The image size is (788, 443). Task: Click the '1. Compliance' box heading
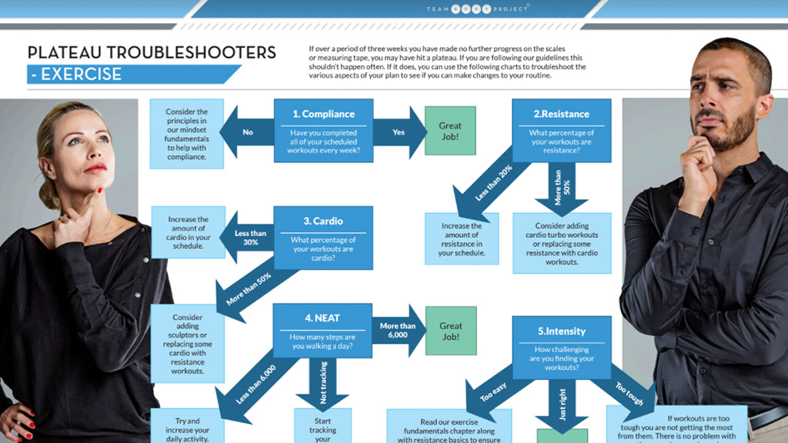(x=323, y=114)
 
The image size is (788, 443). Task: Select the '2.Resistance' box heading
(x=562, y=114)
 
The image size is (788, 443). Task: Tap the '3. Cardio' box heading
(x=323, y=221)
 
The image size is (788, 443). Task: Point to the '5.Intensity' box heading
(x=562, y=331)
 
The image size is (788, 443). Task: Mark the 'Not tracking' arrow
(x=322, y=383)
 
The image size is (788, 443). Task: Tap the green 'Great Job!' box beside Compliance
(x=450, y=131)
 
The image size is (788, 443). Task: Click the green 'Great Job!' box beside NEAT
(x=451, y=331)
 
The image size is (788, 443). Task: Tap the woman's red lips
(x=95, y=167)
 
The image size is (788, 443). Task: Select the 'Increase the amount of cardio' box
(x=189, y=231)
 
